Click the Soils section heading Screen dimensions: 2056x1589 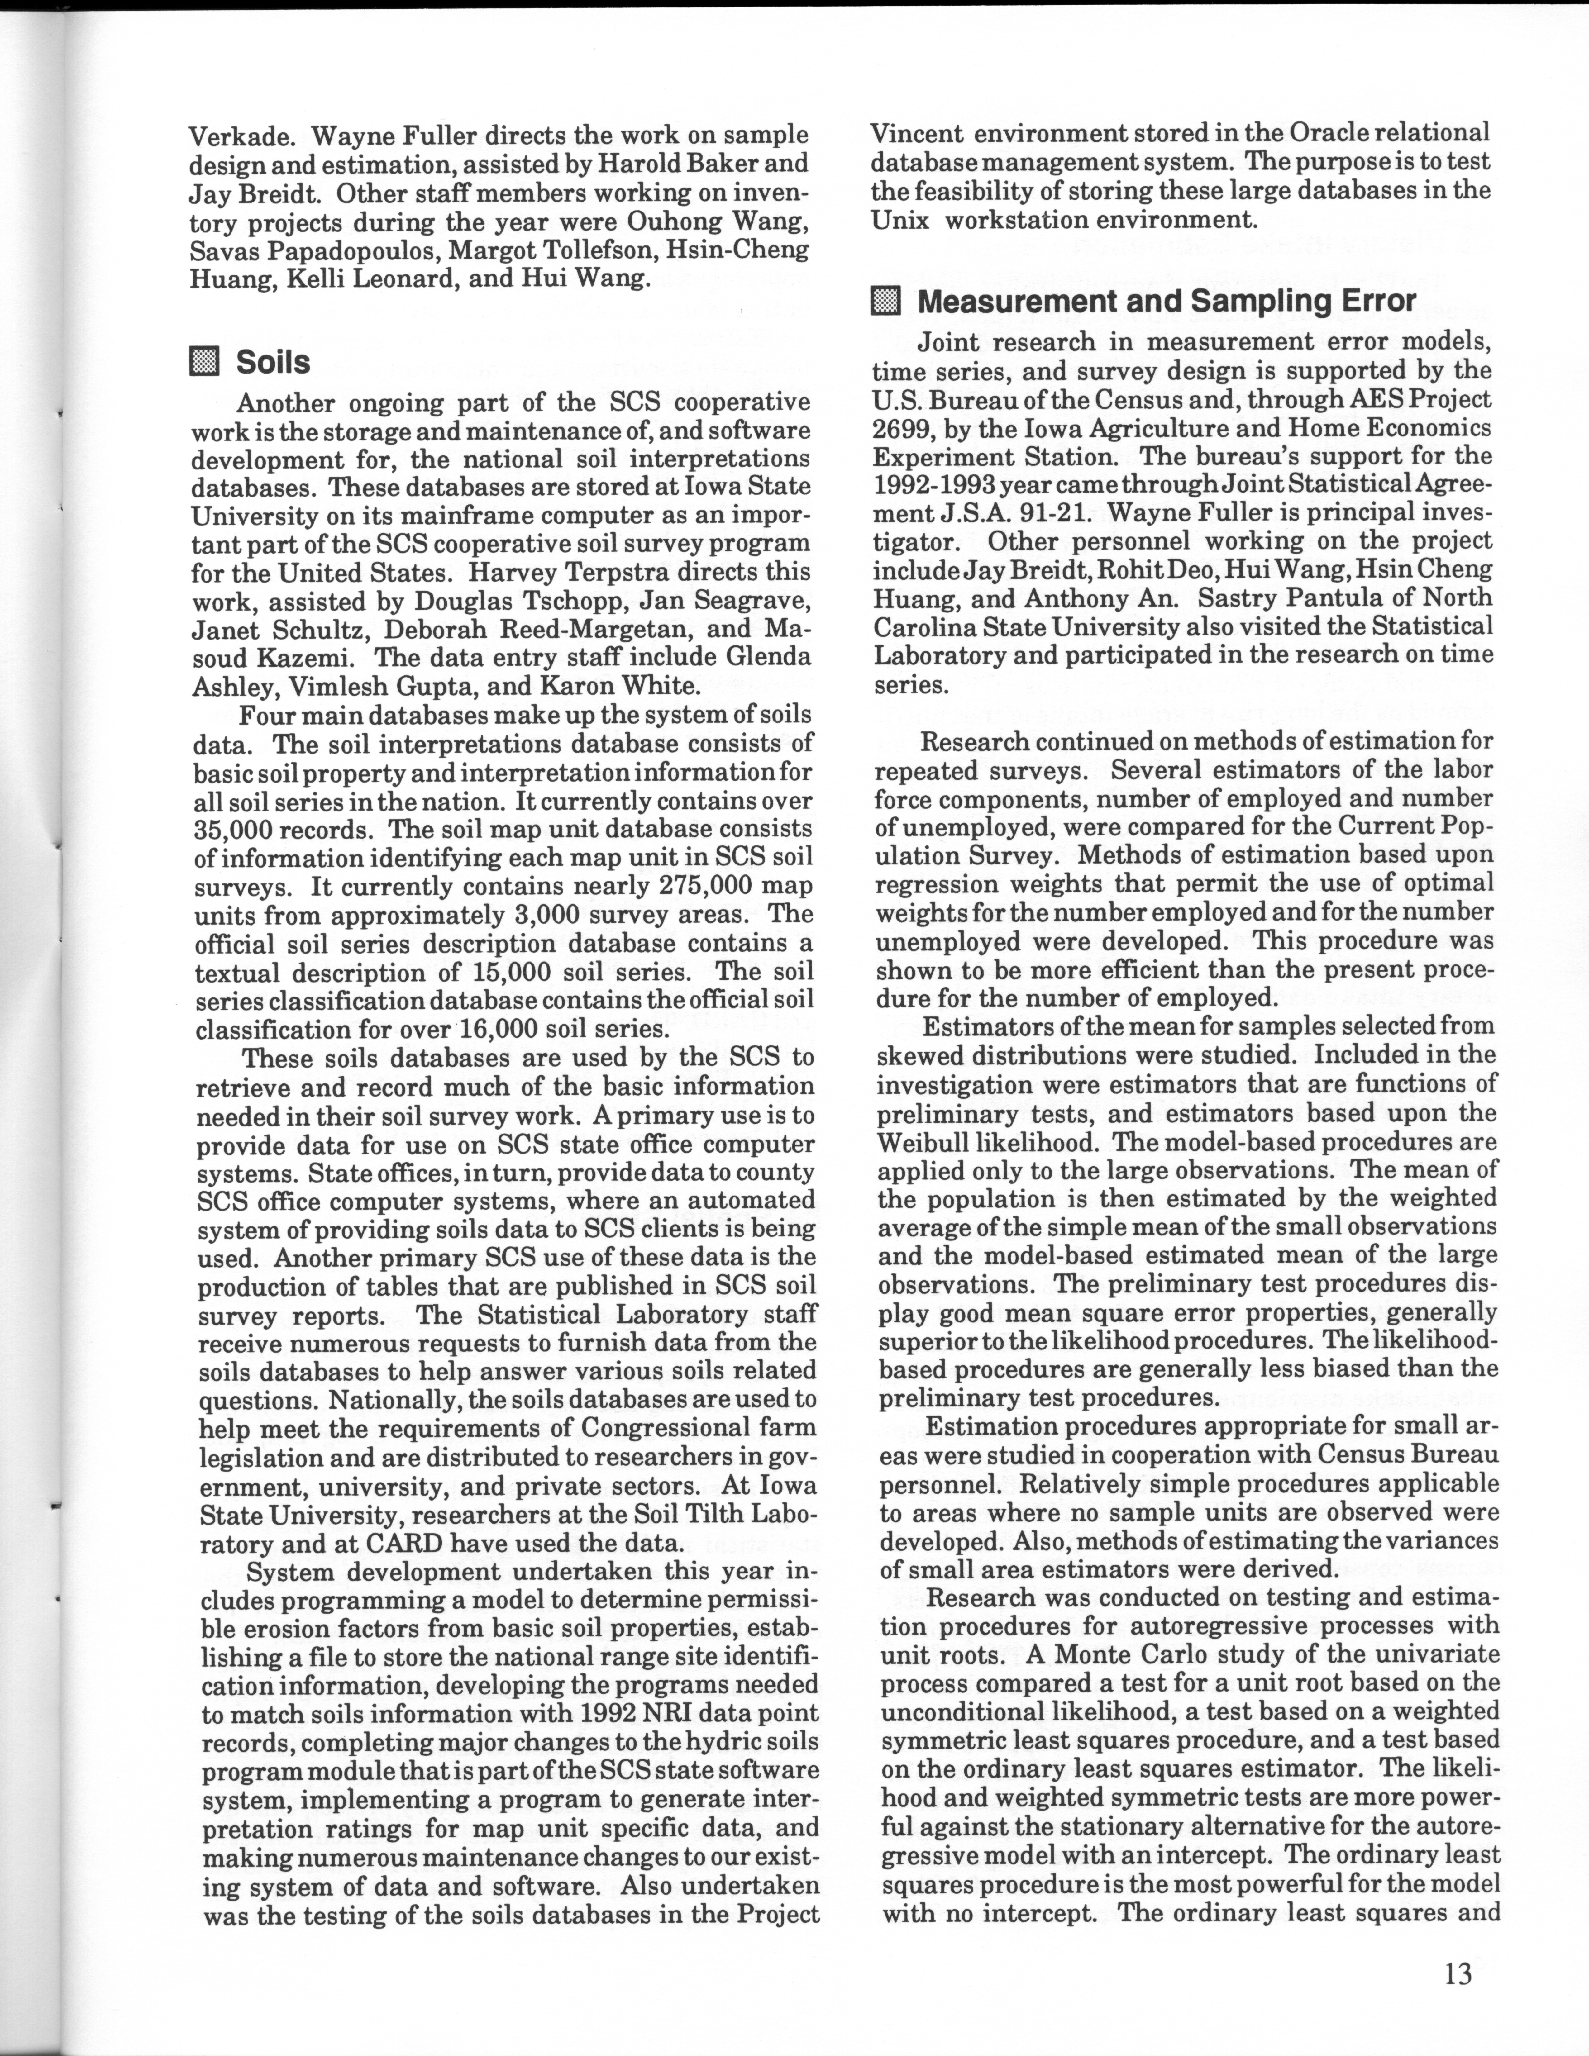(273, 362)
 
